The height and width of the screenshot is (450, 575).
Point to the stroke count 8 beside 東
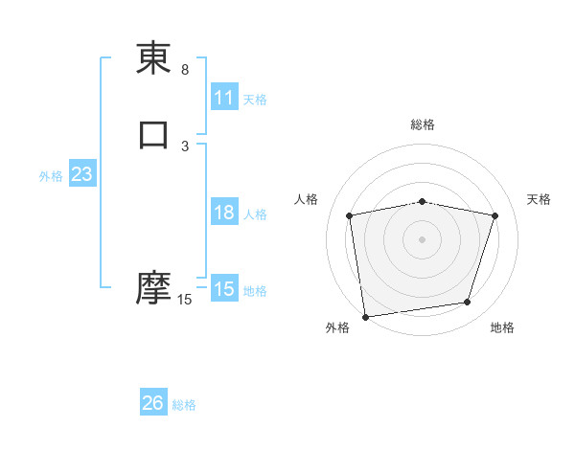click(x=185, y=70)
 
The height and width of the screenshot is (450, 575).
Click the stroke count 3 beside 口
click(x=185, y=146)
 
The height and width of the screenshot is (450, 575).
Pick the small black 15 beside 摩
click(x=184, y=300)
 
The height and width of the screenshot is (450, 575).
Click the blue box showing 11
click(x=223, y=98)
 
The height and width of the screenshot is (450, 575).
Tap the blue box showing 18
click(x=223, y=213)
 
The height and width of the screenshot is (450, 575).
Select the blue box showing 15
click(x=223, y=289)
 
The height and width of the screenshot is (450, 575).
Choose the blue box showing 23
click(x=82, y=175)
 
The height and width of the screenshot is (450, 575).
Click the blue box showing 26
click(x=153, y=403)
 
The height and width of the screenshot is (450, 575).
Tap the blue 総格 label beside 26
click(x=184, y=405)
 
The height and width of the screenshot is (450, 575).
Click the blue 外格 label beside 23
click(x=51, y=176)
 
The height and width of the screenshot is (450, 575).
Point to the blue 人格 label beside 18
click(x=255, y=214)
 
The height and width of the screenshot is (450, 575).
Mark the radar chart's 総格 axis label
click(x=423, y=124)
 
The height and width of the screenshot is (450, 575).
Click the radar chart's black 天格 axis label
click(x=539, y=199)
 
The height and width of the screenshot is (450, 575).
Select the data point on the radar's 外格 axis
click(x=365, y=316)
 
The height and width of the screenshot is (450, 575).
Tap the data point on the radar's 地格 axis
click(x=468, y=303)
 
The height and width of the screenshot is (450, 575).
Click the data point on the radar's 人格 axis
click(x=350, y=215)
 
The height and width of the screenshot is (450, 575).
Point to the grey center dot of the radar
click(x=423, y=237)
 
